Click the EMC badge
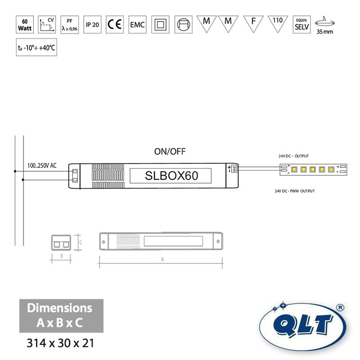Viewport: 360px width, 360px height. tap(137, 24)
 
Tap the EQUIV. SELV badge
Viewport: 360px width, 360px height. tap(301, 24)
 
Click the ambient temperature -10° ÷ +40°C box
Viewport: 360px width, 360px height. tap(36, 47)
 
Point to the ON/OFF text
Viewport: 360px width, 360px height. tap(170, 151)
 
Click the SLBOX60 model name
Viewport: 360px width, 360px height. tap(171, 175)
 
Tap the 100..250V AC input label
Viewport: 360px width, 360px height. tap(42, 165)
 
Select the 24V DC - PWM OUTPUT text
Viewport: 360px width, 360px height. tap(295, 191)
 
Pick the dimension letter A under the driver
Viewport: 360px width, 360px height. tap(162, 260)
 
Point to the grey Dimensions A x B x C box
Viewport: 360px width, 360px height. tap(61, 315)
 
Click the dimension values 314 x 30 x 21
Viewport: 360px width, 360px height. tap(61, 343)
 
